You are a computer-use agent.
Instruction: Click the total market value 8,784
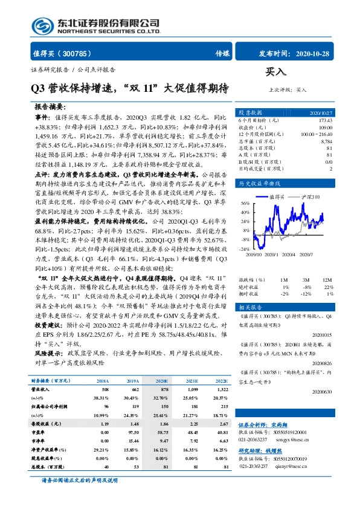(x=326, y=141)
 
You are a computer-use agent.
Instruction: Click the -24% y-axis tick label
(x=243, y=249)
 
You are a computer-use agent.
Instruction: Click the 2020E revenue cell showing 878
(x=161, y=390)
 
